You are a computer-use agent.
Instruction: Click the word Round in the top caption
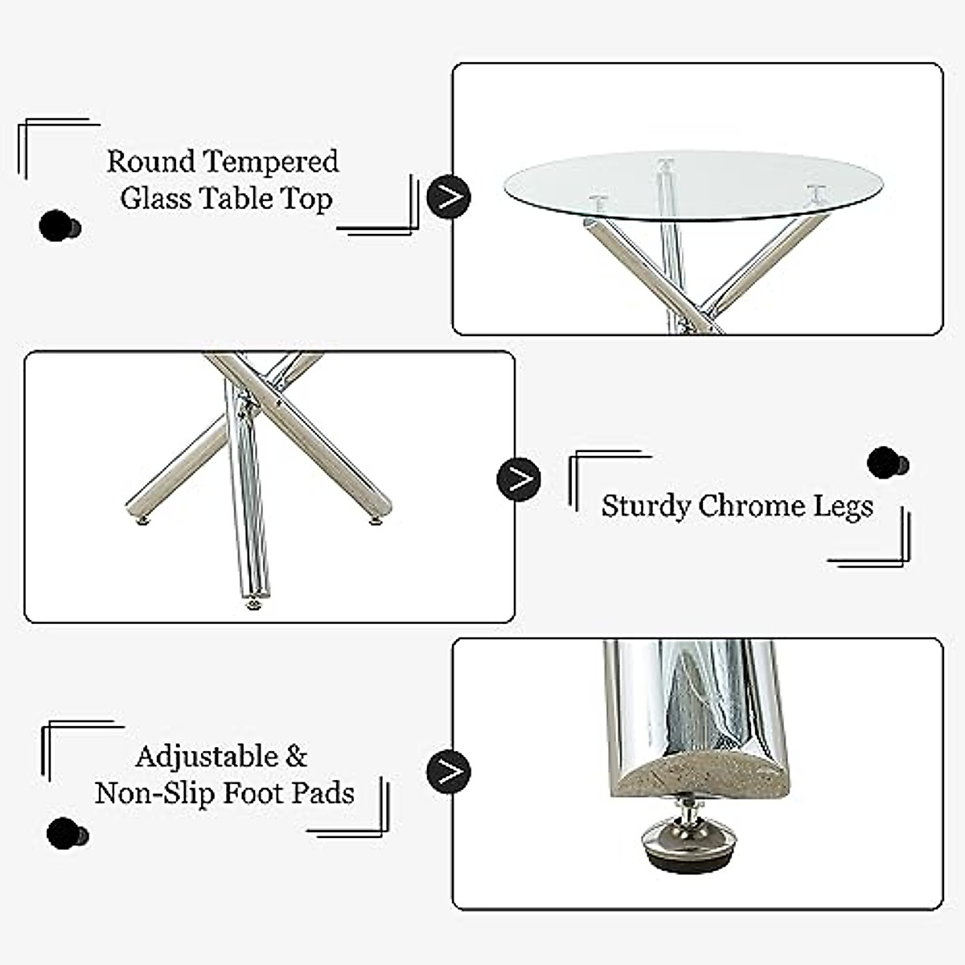150,162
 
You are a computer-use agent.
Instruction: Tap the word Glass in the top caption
155,199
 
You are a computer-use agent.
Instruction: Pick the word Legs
844,507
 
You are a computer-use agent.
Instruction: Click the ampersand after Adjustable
297,757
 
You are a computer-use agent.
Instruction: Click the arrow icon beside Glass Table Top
448,196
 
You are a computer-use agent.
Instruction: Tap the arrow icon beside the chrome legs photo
519,479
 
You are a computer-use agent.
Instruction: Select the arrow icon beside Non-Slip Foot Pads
448,770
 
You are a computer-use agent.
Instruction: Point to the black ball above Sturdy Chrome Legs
886,463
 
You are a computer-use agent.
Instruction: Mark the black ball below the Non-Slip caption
65,834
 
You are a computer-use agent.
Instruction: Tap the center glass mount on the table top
664,165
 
